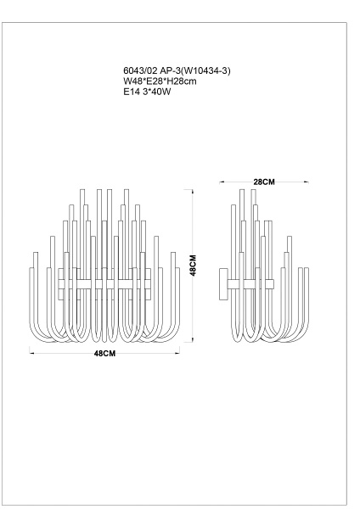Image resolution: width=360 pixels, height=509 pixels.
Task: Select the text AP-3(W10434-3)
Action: [195, 70]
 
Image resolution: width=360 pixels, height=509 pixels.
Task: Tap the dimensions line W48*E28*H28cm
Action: [160, 81]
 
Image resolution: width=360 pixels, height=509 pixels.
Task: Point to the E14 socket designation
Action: [132, 92]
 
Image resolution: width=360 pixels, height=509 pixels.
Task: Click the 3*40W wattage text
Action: [156, 92]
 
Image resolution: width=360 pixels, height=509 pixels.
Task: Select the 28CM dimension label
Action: [264, 182]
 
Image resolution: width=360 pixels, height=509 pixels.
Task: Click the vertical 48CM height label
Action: [193, 266]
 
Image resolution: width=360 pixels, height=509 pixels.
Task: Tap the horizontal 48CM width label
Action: [104, 354]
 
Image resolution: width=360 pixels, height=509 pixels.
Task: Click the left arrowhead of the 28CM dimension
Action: [222, 182]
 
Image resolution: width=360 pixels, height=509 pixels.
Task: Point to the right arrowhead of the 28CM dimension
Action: [307, 182]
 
